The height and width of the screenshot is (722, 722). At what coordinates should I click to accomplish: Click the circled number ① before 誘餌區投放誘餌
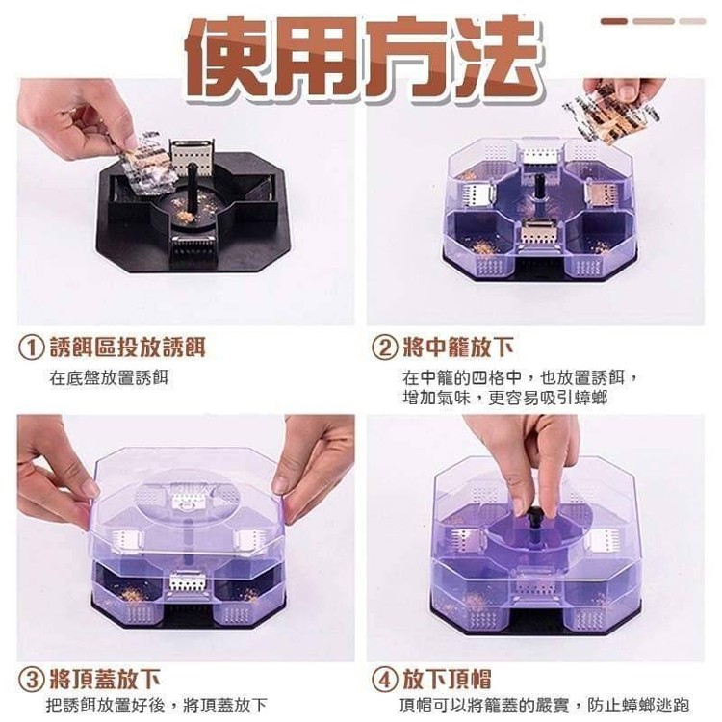pyautogui.click(x=31, y=348)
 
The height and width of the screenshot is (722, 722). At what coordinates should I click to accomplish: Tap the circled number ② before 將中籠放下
pyautogui.click(x=384, y=348)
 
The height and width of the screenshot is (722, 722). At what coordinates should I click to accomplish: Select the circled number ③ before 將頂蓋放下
pyautogui.click(x=31, y=680)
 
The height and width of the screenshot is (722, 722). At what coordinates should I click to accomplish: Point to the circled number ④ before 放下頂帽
pyautogui.click(x=384, y=680)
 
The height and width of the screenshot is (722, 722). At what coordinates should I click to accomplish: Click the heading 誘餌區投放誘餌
pyautogui.click(x=127, y=348)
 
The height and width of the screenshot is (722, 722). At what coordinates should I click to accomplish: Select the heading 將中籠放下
pyautogui.click(x=458, y=348)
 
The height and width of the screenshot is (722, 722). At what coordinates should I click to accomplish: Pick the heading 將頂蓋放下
pyautogui.click(x=105, y=680)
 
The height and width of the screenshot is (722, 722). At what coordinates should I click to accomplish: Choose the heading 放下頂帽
pyautogui.click(x=447, y=680)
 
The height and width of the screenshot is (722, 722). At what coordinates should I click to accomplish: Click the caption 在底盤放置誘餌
pyautogui.click(x=109, y=378)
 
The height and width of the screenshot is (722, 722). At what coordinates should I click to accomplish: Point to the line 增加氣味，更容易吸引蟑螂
pyautogui.click(x=505, y=398)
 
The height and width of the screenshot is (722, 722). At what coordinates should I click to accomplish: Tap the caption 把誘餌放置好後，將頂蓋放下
pyautogui.click(x=157, y=705)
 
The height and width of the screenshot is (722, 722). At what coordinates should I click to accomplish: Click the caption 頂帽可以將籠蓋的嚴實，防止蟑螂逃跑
pyautogui.click(x=544, y=705)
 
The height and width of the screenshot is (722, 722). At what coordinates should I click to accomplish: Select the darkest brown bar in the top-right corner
pyautogui.click(x=614, y=21)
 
